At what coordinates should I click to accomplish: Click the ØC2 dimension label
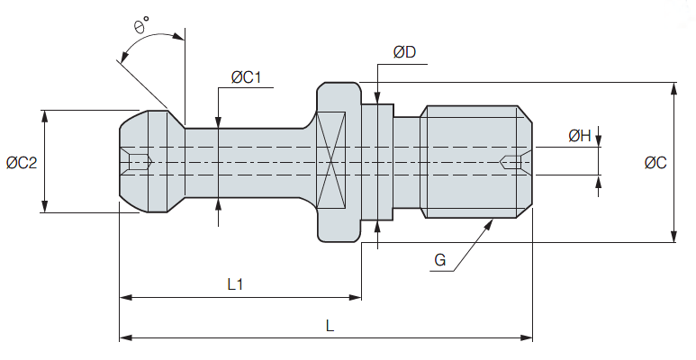click(21, 163)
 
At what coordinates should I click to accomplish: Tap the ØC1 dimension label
click(246, 77)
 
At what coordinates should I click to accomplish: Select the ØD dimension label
click(404, 52)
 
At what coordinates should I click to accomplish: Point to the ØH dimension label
click(579, 136)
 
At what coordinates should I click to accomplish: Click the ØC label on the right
click(655, 163)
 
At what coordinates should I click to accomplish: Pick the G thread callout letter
click(439, 260)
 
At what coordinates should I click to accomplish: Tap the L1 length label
click(236, 284)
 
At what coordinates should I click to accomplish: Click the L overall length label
click(330, 327)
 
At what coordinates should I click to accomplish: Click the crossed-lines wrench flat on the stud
click(330, 163)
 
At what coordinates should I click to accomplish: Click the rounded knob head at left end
click(144, 162)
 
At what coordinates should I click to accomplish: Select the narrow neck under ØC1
click(243, 163)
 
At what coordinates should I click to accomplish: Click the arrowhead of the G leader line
click(491, 221)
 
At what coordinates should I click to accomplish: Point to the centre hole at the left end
click(138, 163)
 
